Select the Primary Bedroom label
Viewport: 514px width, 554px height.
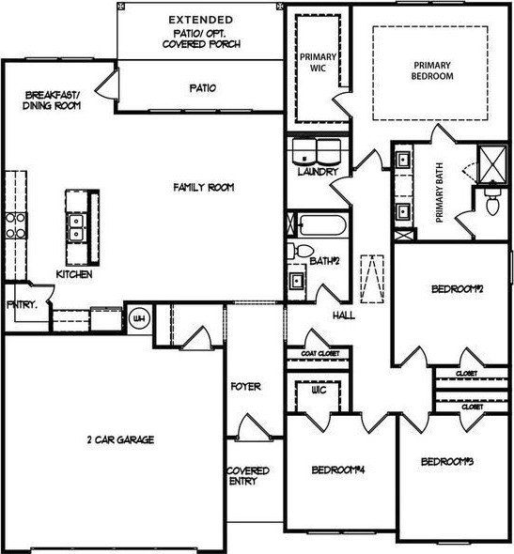pyautogui.click(x=432, y=70)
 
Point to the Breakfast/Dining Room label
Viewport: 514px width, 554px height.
pyautogui.click(x=53, y=100)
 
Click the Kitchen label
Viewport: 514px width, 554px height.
pyautogui.click(x=73, y=274)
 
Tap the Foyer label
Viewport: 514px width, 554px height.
pyautogui.click(x=245, y=386)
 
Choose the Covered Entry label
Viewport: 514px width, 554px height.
pyautogui.click(x=248, y=475)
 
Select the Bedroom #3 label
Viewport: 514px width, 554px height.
pyautogui.click(x=445, y=461)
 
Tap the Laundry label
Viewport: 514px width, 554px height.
pyautogui.click(x=316, y=173)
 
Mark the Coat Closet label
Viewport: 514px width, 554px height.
pyautogui.click(x=319, y=354)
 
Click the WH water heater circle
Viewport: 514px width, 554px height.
pyautogui.click(x=140, y=319)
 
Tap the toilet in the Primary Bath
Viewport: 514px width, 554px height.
pyautogui.click(x=491, y=200)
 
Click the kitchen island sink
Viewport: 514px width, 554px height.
pyautogui.click(x=76, y=223)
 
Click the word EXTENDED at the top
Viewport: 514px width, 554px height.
pyautogui.click(x=201, y=18)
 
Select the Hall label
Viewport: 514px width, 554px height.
pyautogui.click(x=343, y=315)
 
